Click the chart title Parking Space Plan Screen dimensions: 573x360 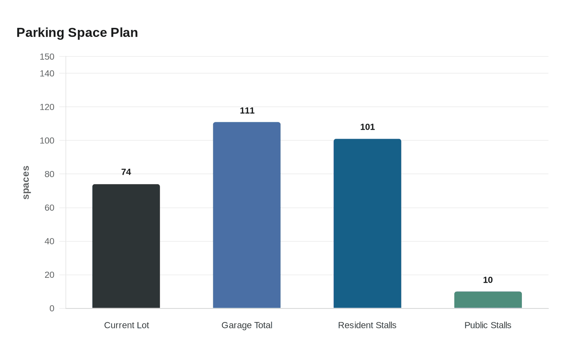(x=77, y=33)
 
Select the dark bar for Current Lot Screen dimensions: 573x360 (x=126, y=246)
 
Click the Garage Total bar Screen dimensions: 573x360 (x=247, y=215)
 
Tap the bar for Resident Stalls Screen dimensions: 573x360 (x=368, y=223)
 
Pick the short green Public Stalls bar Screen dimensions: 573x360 (x=488, y=299)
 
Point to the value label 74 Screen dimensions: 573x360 (x=126, y=172)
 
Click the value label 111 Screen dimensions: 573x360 (x=247, y=111)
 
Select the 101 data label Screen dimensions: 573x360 (x=368, y=127)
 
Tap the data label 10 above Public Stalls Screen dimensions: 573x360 (x=488, y=280)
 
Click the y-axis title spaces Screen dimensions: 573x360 (x=26, y=182)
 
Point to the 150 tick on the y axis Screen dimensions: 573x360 (x=47, y=57)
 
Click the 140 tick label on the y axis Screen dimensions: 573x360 (x=47, y=74)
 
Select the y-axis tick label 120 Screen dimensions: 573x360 (x=47, y=107)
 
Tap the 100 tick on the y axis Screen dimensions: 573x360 (x=47, y=141)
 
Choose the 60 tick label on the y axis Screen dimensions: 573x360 (x=50, y=208)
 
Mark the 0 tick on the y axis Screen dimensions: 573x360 (x=52, y=308)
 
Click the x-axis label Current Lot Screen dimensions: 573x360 (x=126, y=325)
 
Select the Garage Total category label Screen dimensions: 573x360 (x=247, y=326)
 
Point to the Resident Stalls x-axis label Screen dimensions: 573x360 (x=367, y=325)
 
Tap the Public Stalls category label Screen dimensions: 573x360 (x=488, y=325)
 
